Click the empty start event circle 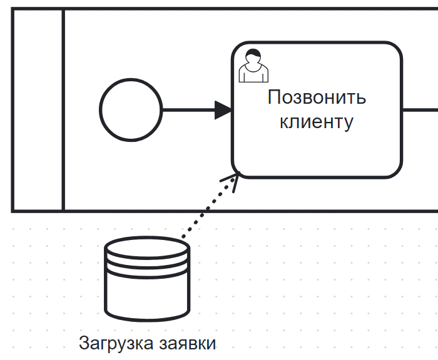click(x=131, y=111)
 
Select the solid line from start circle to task click(x=188, y=111)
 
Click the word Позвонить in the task click(x=317, y=97)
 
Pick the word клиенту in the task click(x=317, y=121)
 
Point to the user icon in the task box click(x=253, y=65)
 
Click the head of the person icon click(x=253, y=57)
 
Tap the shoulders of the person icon click(x=253, y=73)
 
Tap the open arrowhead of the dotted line click(x=233, y=181)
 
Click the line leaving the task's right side click(x=419, y=111)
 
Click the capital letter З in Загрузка click(x=84, y=343)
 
